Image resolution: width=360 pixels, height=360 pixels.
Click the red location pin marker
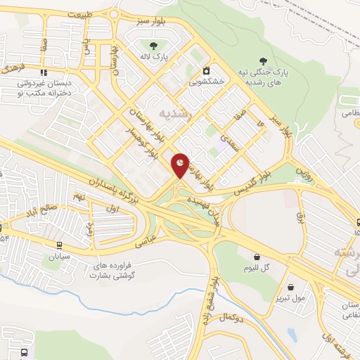pos(181,165)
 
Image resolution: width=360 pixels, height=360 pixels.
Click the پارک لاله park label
pos(152,59)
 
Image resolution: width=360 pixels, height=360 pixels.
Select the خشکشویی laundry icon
pos(206,70)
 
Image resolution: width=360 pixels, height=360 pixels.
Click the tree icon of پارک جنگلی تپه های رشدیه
pos(264,62)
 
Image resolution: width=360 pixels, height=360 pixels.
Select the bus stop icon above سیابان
pos(58,245)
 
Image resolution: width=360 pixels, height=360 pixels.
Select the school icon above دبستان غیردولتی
pos(44,72)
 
